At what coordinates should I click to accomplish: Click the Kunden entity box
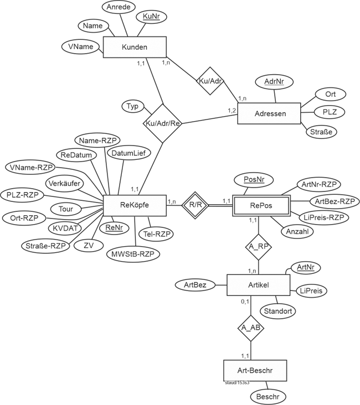pyautogui.click(x=135, y=48)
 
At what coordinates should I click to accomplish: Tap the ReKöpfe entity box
pyautogui.click(x=135, y=205)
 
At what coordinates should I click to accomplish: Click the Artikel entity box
pyautogui.click(x=258, y=285)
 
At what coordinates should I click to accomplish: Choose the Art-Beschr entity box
pyautogui.click(x=255, y=370)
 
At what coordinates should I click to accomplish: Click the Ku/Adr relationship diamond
pyautogui.click(x=210, y=82)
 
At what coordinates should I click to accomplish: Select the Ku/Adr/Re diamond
pyautogui.click(x=162, y=122)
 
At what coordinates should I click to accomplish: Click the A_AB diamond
pyautogui.click(x=250, y=328)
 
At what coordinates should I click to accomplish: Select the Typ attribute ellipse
pyautogui.click(x=132, y=105)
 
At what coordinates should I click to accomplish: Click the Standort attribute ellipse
pyautogui.click(x=278, y=311)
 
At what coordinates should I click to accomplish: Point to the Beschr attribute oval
pyautogui.click(x=268, y=397)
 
